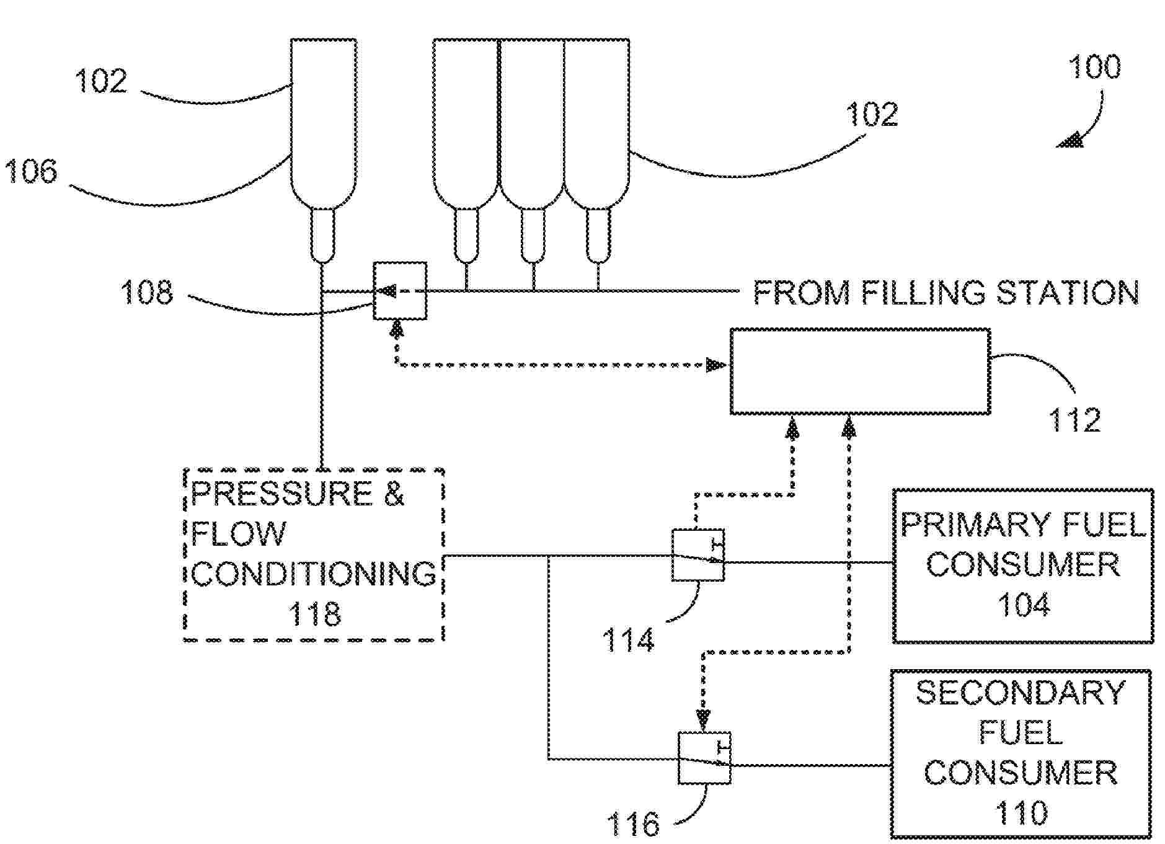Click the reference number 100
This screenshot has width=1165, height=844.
point(1094,67)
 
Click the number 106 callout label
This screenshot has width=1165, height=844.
point(31,171)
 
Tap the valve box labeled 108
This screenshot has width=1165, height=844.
point(400,291)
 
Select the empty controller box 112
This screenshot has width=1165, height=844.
point(860,371)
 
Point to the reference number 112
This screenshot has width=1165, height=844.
point(1074,420)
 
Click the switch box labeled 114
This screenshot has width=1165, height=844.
point(698,555)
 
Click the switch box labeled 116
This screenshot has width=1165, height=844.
point(704,758)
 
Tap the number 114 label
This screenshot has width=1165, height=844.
point(628,640)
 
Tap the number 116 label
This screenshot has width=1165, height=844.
point(633,824)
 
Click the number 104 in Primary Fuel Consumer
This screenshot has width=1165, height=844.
point(1024,605)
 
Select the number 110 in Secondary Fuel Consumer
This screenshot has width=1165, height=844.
point(1021,812)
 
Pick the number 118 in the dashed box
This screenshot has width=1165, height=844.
point(314,614)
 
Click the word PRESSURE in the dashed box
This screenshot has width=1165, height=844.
point(282,493)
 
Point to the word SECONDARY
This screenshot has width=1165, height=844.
point(1021,693)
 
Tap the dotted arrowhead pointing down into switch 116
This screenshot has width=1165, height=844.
point(703,720)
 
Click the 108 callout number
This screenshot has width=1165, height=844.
point(147,291)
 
